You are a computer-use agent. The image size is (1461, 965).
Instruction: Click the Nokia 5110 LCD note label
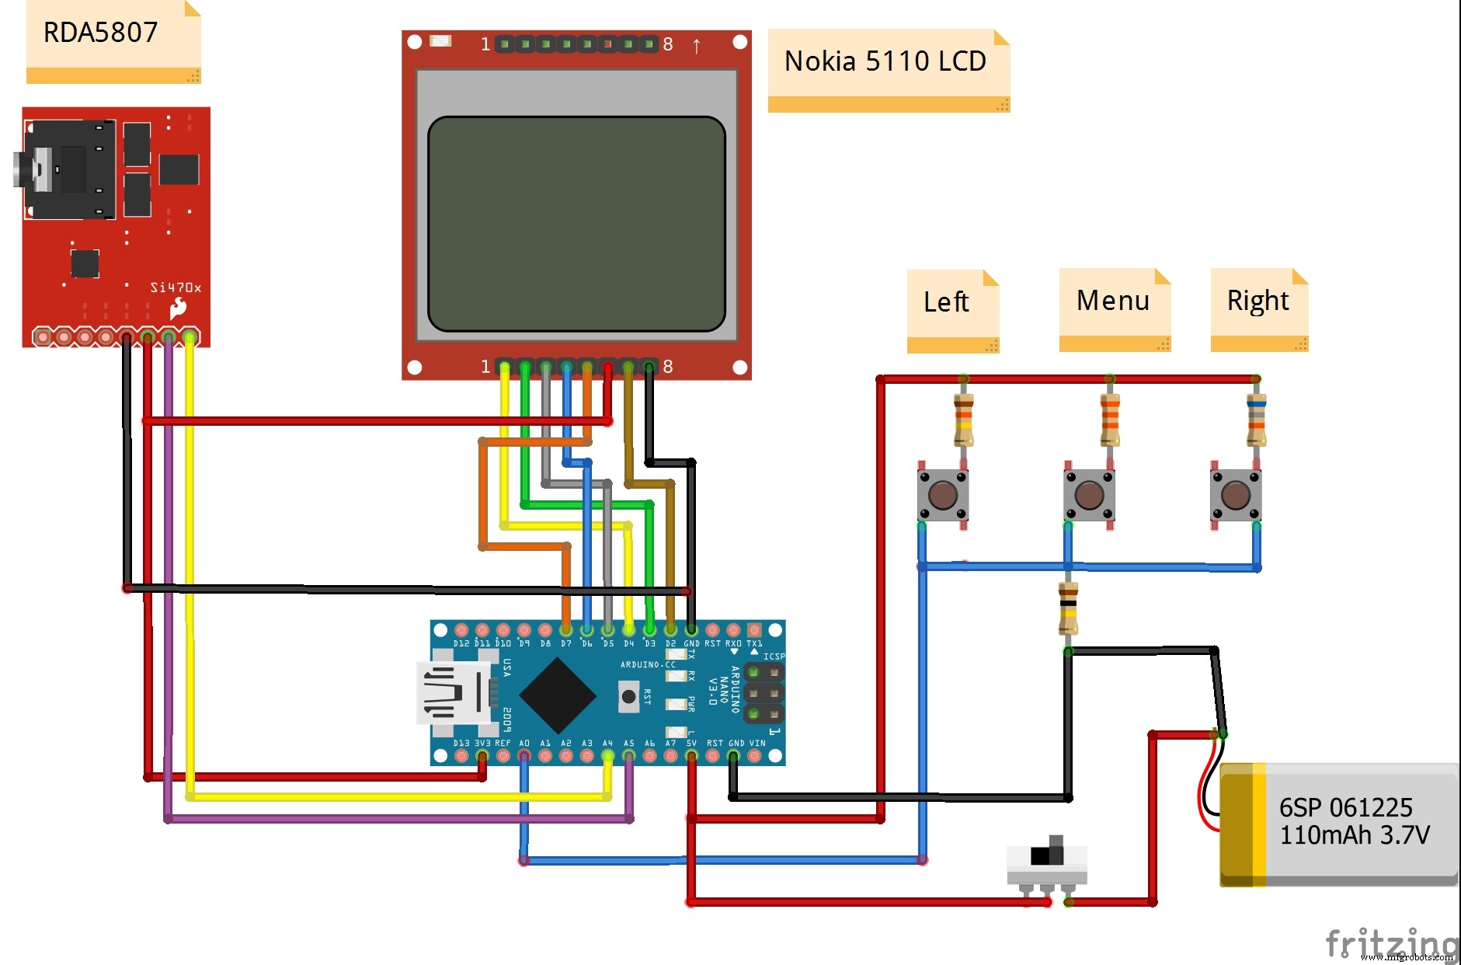[x=888, y=70]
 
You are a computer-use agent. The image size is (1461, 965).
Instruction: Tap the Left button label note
[x=952, y=310]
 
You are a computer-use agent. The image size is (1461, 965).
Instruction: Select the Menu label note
[x=1114, y=308]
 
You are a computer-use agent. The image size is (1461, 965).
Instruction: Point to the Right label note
[x=1258, y=308]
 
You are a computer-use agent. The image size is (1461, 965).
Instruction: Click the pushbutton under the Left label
[x=943, y=495]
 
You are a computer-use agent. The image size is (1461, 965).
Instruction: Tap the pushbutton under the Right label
[x=1236, y=495]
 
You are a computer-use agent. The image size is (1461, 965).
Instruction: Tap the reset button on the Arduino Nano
[x=628, y=696]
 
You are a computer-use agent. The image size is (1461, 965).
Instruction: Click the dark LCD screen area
[x=576, y=224]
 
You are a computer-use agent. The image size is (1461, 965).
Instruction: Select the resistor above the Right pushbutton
[x=1256, y=420]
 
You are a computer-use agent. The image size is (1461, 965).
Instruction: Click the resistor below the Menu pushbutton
[x=1069, y=608]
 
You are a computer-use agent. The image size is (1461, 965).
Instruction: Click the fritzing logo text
[x=1390, y=943]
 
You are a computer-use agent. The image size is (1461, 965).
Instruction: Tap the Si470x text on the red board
[x=176, y=287]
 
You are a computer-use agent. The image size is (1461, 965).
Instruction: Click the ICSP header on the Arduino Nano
[x=764, y=692]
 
